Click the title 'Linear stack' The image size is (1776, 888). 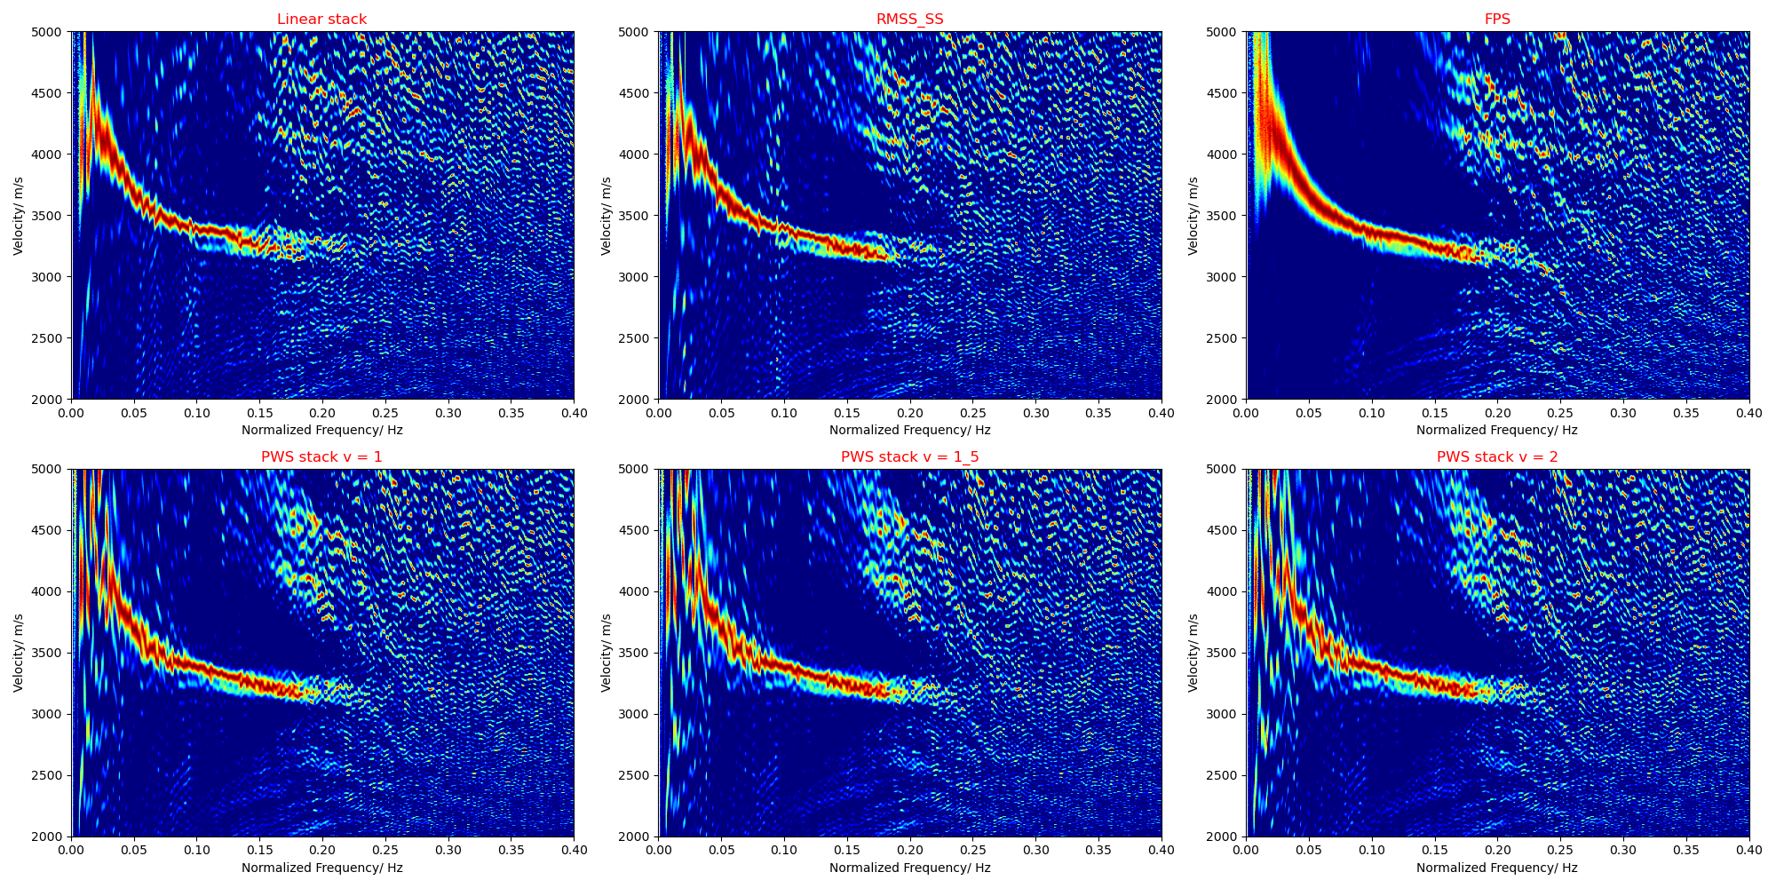pyautogui.click(x=321, y=20)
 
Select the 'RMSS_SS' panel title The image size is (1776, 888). pyautogui.click(x=909, y=20)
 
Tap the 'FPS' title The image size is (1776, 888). pyautogui.click(x=1497, y=20)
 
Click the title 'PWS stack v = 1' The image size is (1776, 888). pyautogui.click(x=321, y=457)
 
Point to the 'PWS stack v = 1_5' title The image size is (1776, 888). pyautogui.click(x=909, y=457)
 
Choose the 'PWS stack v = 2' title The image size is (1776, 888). pyautogui.click(x=1497, y=457)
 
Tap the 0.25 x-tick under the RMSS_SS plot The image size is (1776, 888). pyautogui.click(x=972, y=413)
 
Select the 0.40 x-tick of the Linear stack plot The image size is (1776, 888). pyautogui.click(x=574, y=413)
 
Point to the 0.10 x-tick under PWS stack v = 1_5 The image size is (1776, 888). pyautogui.click(x=784, y=851)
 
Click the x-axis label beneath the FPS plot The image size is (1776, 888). pyautogui.click(x=1497, y=430)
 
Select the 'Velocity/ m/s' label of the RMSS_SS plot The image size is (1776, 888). pyautogui.click(x=607, y=216)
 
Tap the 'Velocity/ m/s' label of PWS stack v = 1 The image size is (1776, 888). pyautogui.click(x=19, y=653)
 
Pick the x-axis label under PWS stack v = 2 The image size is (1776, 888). pyautogui.click(x=1497, y=868)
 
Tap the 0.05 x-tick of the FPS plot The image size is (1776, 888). pyautogui.click(x=1309, y=413)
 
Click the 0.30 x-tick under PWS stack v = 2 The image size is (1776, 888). pyautogui.click(x=1623, y=851)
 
